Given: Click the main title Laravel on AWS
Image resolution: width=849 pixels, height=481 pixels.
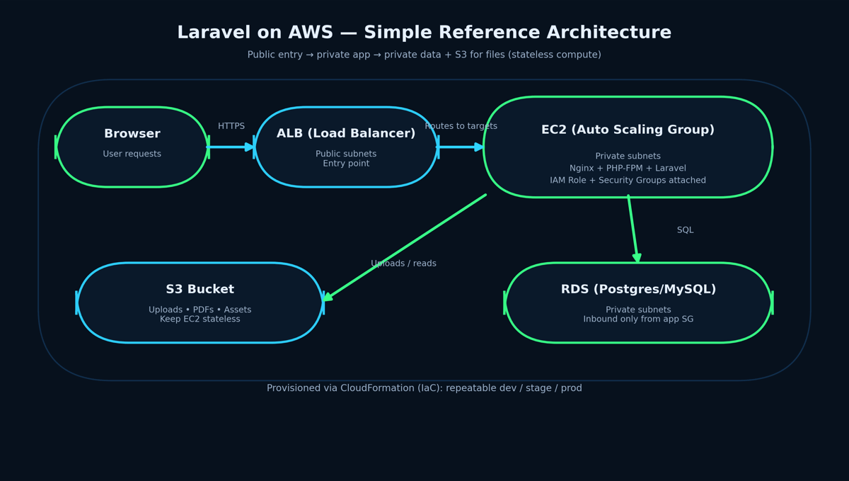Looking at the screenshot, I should point(424,33).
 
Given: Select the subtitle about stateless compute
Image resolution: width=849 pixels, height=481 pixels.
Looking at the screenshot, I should point(424,55).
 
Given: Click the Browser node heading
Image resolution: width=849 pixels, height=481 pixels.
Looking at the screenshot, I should point(132,134).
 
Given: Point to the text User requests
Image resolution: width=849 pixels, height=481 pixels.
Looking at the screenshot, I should point(132,154).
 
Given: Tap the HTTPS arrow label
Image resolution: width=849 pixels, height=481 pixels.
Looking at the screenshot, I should point(231,126).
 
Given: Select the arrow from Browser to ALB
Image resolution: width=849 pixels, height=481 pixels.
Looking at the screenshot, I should point(231,147).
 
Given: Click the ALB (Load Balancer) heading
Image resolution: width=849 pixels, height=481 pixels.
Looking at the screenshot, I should point(346,134).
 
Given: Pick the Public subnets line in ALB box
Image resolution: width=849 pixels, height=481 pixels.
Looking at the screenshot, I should point(346,154).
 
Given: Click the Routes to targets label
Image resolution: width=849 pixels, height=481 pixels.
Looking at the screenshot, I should point(461,126).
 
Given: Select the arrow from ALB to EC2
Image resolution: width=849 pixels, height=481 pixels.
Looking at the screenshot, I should point(461,147).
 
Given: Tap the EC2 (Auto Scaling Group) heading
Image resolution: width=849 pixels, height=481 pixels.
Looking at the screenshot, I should point(628,130).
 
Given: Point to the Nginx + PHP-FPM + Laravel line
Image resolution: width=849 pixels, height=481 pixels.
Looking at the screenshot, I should point(628,169).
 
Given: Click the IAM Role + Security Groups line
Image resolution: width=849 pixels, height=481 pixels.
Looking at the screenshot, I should point(628,181).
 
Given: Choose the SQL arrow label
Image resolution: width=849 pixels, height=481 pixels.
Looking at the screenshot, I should point(685,230).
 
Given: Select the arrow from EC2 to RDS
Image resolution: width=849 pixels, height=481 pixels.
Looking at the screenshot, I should point(633,228).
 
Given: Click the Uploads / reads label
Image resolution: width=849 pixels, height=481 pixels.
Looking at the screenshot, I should point(403,264).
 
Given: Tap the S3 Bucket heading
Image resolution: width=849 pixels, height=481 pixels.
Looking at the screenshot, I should point(200,290).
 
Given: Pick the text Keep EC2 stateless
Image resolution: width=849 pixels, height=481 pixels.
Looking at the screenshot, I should point(200,319).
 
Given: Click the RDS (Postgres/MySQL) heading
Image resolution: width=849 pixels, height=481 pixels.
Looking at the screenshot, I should point(638,290).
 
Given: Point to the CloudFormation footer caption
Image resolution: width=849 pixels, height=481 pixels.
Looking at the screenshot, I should point(424,388).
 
